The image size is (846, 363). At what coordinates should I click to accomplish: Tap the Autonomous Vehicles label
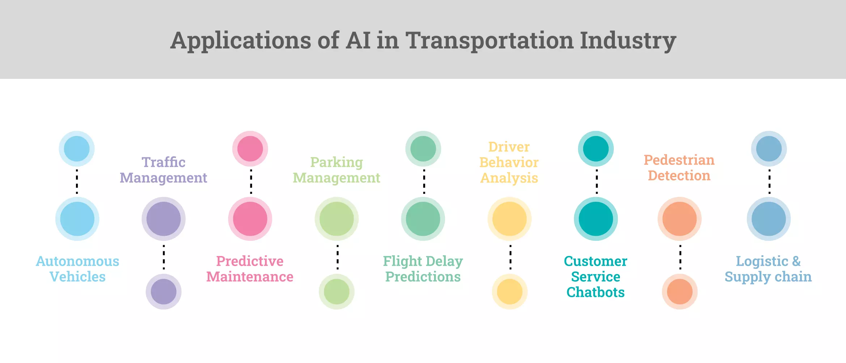77,269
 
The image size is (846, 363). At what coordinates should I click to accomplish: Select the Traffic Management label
163,170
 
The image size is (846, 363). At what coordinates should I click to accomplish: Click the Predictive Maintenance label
250,269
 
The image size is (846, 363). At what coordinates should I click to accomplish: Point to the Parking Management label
336,170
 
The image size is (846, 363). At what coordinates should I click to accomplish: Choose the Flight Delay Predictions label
423,269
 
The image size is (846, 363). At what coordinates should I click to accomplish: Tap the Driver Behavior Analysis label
509,162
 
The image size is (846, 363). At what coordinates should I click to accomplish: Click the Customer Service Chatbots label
595,277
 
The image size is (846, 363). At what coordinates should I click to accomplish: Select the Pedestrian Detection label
679,167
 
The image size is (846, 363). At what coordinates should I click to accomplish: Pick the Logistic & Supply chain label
768,269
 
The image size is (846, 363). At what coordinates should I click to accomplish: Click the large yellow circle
509,219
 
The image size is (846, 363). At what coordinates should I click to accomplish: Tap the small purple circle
163,291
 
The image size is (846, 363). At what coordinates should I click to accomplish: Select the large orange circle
679,219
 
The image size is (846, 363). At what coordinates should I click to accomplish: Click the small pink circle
250,149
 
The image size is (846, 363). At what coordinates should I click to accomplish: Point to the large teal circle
596,219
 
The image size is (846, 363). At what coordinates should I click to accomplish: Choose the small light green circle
336,291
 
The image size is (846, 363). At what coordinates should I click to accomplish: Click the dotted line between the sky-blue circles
77,181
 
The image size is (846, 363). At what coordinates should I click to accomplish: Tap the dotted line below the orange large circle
680,257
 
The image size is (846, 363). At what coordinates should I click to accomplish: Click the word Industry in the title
628,40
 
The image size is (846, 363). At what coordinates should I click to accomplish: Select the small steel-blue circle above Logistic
769,149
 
